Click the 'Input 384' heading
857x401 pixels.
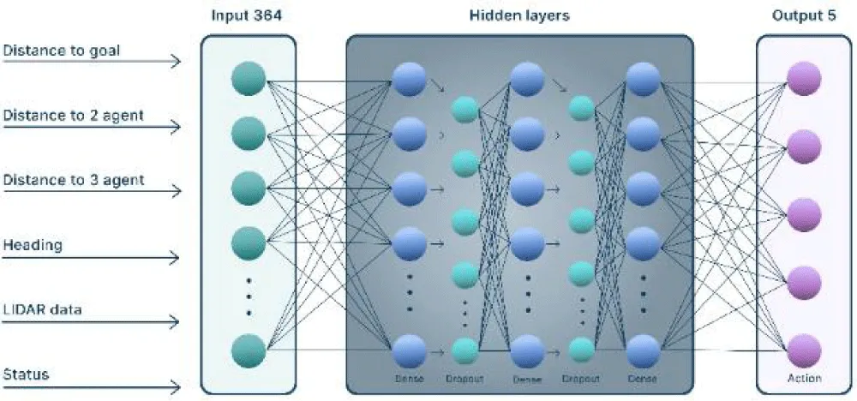tap(248, 16)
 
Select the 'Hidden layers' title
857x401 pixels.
tap(519, 16)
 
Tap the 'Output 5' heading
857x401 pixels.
tap(804, 16)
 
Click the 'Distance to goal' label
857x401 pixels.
tap(61, 51)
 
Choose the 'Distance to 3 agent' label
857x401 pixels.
tap(72, 181)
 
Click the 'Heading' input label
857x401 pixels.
tap(32, 246)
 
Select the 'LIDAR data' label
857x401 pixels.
tap(43, 310)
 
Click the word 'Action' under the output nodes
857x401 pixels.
tap(804, 378)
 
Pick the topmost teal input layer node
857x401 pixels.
tap(249, 78)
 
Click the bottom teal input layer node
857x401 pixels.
tap(249, 350)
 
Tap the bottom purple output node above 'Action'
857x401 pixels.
tap(804, 350)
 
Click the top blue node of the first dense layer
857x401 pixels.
tap(408, 80)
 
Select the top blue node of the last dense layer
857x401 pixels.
tap(643, 80)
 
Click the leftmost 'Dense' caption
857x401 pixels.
tap(408, 378)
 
